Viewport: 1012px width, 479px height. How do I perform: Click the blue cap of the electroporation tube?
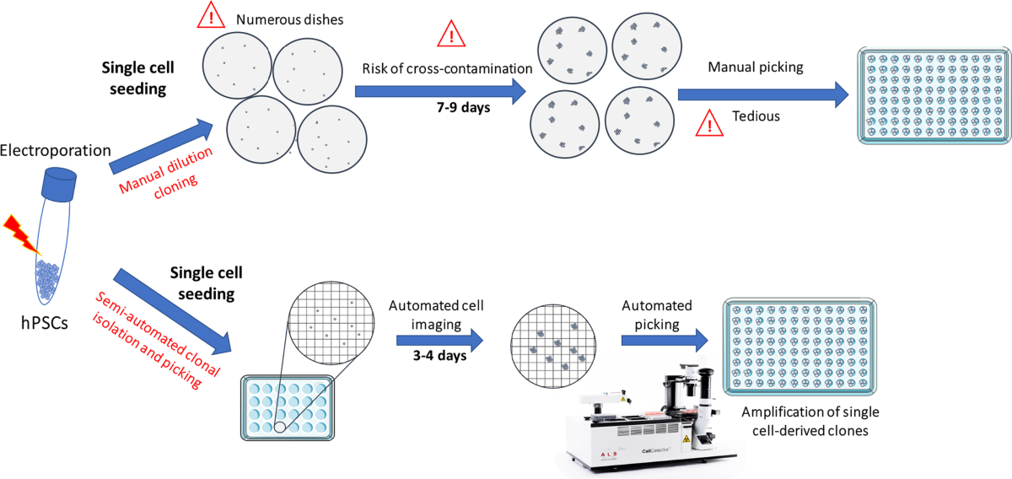59,185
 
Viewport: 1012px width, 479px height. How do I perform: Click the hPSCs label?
44,323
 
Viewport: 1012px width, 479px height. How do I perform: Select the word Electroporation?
55,150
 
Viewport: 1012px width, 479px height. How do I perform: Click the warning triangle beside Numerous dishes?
211,16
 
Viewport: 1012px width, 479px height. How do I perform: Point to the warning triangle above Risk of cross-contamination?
451,35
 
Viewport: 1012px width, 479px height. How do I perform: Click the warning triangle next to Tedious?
709,123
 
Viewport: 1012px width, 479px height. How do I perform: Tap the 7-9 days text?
464,108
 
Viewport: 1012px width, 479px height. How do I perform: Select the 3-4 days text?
439,355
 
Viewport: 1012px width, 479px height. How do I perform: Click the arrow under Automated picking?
665,340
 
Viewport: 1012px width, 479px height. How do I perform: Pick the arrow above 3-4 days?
439,340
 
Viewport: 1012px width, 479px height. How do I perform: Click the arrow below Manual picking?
763,94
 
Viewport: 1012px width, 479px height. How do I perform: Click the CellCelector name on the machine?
656,450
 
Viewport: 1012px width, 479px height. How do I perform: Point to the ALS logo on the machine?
609,454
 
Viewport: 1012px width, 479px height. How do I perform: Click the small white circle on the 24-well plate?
280,427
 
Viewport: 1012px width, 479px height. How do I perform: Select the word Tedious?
756,116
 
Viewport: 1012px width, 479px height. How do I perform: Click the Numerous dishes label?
289,19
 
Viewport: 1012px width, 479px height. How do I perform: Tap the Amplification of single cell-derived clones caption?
810,421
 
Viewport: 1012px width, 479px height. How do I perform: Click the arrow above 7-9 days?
440,91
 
